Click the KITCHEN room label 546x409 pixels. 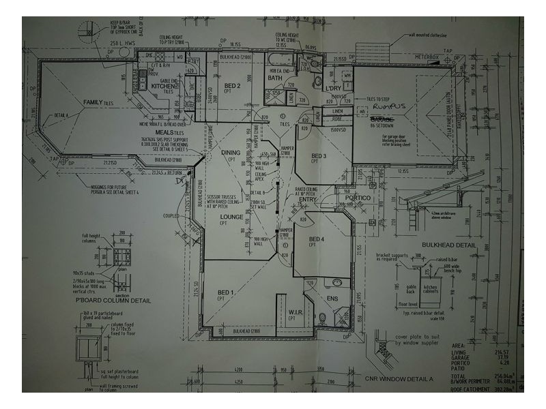point(164,87)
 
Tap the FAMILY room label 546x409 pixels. point(93,102)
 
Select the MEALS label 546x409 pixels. point(165,132)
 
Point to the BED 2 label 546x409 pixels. point(232,86)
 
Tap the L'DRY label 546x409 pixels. point(333,89)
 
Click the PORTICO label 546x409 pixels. point(356,198)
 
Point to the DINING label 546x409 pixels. point(231,153)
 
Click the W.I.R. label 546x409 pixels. point(295,312)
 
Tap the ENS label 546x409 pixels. point(332,298)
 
